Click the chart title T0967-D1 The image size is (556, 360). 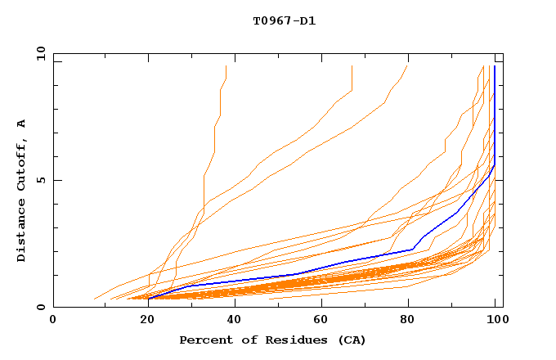coord(284,21)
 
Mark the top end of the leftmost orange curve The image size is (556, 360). coord(226,66)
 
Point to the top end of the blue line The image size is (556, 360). coord(495,66)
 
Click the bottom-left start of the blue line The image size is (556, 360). coord(149,299)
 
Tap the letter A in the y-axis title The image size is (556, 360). coord(22,124)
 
